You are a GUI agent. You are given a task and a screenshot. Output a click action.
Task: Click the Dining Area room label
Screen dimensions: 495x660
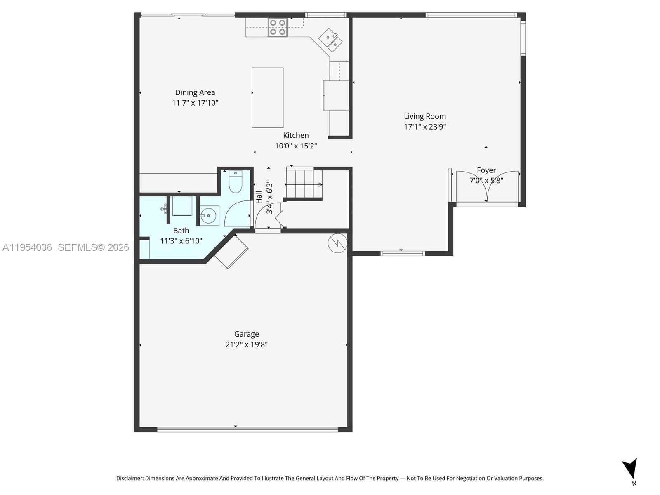pos(195,92)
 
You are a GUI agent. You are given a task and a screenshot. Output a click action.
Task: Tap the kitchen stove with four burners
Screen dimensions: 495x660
pos(277,27)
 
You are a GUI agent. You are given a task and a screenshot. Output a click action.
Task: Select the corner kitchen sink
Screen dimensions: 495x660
pos(331,39)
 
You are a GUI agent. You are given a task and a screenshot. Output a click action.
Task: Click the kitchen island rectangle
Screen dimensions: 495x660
pos(267,98)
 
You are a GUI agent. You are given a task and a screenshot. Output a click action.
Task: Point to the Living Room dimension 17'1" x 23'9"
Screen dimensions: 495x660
pos(425,127)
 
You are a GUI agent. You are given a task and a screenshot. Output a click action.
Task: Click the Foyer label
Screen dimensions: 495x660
pos(486,170)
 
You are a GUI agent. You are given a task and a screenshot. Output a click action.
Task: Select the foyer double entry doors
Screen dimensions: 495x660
pos(487,186)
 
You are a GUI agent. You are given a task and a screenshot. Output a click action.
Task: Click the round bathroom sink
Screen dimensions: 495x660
pos(208,215)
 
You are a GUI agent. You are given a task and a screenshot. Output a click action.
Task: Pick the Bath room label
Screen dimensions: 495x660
pos(181,231)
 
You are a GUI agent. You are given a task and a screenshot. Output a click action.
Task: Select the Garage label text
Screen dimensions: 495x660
pos(246,334)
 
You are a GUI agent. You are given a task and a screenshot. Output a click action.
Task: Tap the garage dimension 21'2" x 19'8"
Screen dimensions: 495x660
pos(246,344)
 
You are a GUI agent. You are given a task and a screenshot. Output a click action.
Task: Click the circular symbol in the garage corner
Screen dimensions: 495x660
pos(337,243)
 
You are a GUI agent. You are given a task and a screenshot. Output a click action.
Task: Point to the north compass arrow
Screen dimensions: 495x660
pos(631,469)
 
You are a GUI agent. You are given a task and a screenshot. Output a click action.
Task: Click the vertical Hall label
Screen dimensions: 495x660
pos(259,197)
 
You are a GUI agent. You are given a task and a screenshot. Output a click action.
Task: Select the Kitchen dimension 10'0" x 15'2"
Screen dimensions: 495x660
pos(296,146)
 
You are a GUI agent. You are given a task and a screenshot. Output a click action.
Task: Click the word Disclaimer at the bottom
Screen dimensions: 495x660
pos(130,478)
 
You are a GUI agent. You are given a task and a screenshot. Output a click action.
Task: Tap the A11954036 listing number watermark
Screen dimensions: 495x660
pos(27,247)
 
